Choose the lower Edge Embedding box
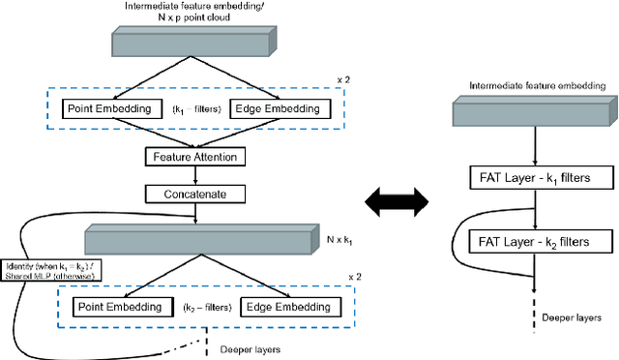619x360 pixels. click(x=281, y=307)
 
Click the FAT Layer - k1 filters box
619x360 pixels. click(x=536, y=177)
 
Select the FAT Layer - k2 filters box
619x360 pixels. click(x=536, y=240)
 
